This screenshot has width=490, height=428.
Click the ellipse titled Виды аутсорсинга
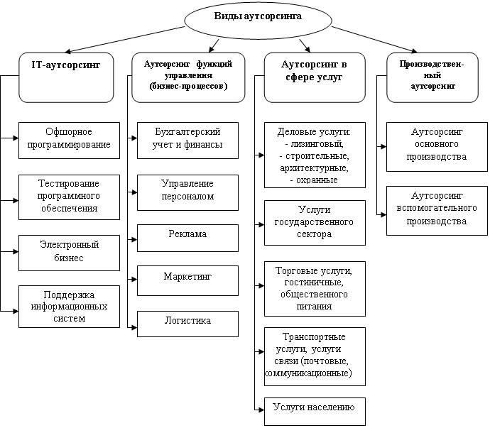(258, 21)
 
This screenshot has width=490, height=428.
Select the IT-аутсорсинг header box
(66, 77)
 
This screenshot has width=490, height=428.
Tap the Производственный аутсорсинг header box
(432, 77)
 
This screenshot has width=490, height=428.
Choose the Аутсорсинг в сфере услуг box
(315, 77)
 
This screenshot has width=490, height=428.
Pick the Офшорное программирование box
(69, 141)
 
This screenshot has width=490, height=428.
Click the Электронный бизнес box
(69, 253)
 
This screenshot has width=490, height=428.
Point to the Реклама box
(187, 238)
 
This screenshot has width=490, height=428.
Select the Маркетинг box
(187, 280)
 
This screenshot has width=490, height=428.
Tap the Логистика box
(187, 324)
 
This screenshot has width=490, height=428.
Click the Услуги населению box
(315, 412)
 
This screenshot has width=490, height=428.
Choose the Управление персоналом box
(187, 192)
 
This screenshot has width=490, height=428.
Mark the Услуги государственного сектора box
(315, 223)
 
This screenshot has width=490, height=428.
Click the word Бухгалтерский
(187, 131)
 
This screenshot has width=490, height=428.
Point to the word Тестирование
(69, 183)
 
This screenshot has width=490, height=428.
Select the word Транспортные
(314, 336)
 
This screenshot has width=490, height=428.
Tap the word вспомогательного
(437, 208)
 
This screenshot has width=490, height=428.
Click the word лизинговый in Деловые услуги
(317, 143)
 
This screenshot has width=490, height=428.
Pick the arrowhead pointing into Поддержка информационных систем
(16, 311)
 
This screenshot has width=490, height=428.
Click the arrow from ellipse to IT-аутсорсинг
(125, 39)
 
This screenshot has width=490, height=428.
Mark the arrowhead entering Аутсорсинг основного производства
(383, 146)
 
